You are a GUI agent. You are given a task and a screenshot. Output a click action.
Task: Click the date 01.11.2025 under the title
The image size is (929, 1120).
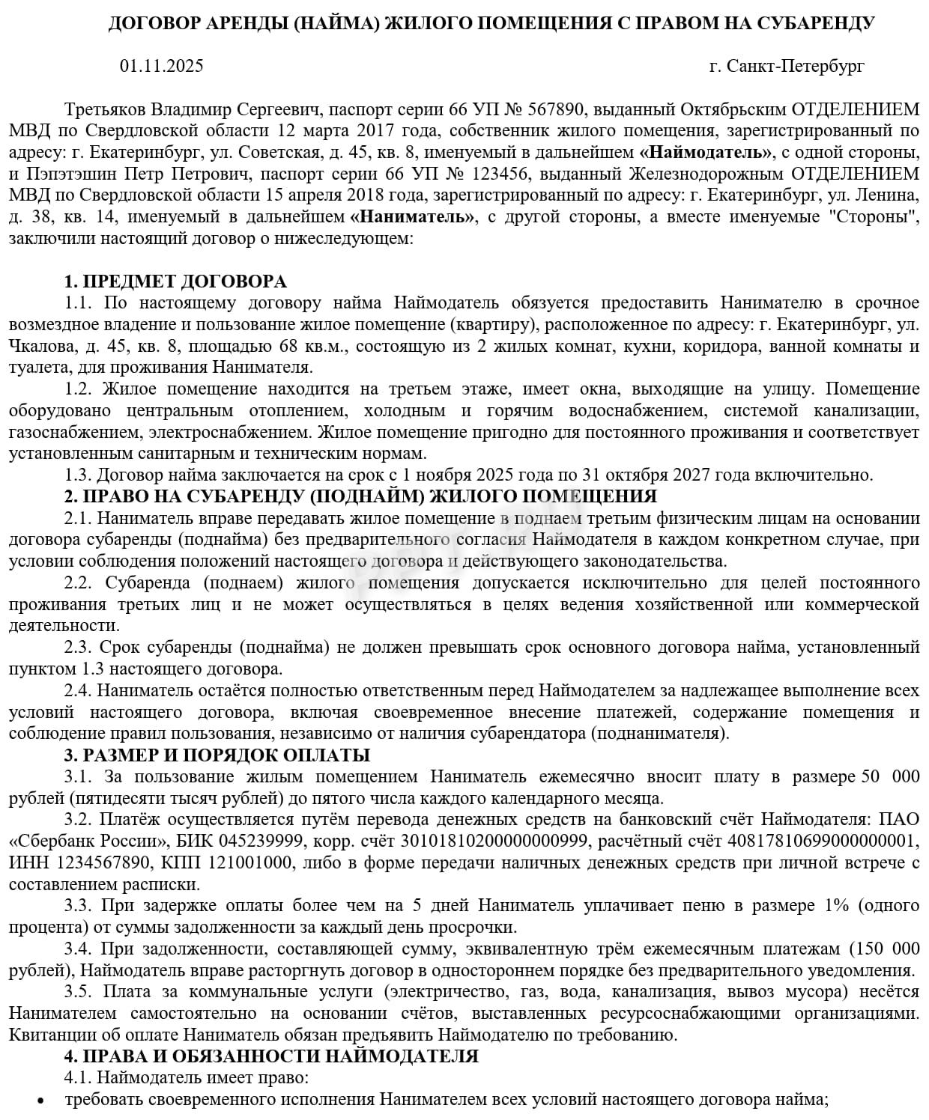tap(161, 66)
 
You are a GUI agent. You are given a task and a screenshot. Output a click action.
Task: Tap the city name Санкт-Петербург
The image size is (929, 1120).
tap(795, 66)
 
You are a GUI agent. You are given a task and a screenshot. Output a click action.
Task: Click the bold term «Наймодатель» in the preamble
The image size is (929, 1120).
tap(706, 153)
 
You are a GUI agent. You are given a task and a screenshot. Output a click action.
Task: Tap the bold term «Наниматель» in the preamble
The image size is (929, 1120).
tap(413, 218)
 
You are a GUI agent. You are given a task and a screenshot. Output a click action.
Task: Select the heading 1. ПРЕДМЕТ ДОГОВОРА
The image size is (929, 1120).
tap(175, 281)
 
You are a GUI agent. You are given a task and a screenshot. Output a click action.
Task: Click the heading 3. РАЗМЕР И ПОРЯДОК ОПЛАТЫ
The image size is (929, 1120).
tap(217, 755)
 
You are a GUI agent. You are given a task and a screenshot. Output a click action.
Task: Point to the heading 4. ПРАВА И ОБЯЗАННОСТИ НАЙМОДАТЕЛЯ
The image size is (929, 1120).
tap(271, 1056)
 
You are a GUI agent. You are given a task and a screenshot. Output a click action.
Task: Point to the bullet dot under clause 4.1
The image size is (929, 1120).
tap(40, 1101)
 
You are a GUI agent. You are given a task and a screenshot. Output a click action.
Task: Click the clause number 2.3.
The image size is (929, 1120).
tap(77, 647)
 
